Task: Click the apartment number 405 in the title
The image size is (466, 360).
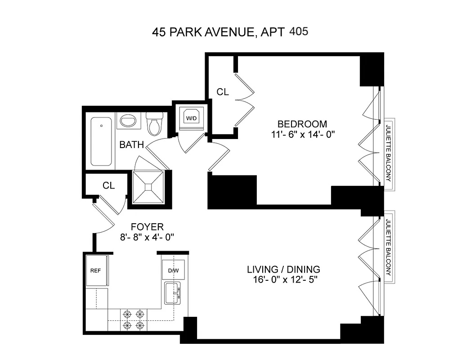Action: pos(299,32)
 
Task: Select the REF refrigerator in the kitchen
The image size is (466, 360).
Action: pos(96,270)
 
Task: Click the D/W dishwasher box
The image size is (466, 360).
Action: pos(173,270)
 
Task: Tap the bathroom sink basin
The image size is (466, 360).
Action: pos(129,121)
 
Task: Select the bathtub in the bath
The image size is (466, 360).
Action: pos(101,142)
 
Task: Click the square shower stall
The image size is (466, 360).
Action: pos(148,189)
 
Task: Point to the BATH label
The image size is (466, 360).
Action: pos(131,145)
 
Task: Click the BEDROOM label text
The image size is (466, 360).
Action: pos(302,124)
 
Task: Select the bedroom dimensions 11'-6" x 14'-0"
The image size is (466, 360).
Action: pos(302,134)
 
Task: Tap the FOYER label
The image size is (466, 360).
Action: pos(147,226)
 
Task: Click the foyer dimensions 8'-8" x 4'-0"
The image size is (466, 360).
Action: pos(147,237)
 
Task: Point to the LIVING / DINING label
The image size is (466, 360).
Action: pos(283,270)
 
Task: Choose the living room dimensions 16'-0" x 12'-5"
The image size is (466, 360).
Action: pos(283,280)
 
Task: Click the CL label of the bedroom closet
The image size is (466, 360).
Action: pos(223,92)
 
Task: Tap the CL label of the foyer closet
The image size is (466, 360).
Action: pos(108,185)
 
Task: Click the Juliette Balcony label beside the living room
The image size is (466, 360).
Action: pos(388,246)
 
